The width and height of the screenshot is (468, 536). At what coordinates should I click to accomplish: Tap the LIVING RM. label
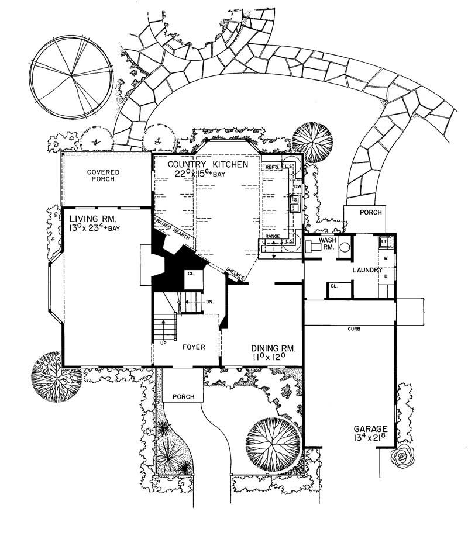[85, 219]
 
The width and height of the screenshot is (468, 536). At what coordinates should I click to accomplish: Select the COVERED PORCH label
[104, 176]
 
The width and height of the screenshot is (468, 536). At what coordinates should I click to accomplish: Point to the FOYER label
[192, 347]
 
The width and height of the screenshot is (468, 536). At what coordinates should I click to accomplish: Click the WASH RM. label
[327, 244]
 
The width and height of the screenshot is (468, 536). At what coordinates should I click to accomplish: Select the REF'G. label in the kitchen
[273, 168]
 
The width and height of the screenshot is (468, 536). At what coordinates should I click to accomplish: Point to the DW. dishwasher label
[297, 186]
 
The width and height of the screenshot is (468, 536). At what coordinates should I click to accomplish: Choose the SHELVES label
[236, 273]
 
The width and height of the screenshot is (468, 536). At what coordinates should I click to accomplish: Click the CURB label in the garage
[352, 329]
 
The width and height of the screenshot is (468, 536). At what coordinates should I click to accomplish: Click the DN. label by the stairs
[209, 302]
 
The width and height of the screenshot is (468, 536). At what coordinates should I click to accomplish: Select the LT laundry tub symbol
[385, 241]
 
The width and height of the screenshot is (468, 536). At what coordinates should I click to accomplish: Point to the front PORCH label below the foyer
[184, 397]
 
